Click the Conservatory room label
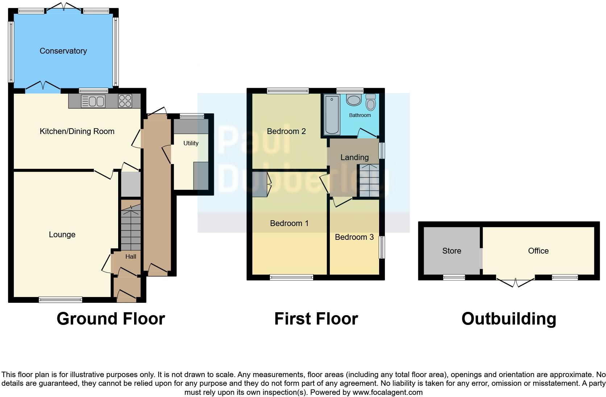(x=63, y=51)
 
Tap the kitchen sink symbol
(x=93, y=101)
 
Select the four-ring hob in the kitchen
(x=125, y=101)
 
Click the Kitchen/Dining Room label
(x=77, y=131)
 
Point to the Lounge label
(x=62, y=235)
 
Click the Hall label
(x=130, y=256)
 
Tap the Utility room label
(x=191, y=143)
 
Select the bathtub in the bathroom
(x=332, y=115)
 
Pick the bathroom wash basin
(x=354, y=100)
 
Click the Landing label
(x=354, y=158)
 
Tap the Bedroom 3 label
(x=354, y=237)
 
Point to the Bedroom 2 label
(x=286, y=131)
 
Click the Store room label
(x=451, y=251)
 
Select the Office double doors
(x=515, y=282)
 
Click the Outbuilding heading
(x=509, y=319)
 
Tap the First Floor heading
(x=316, y=319)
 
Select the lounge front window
(x=61, y=300)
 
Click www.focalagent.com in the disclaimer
(x=387, y=392)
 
